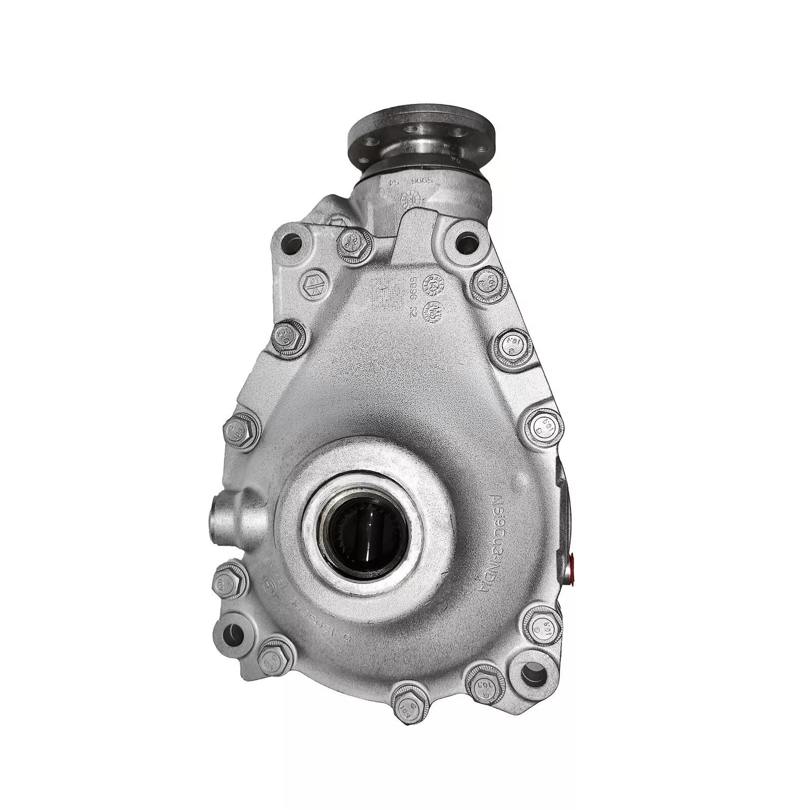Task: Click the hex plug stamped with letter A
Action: point(315,285)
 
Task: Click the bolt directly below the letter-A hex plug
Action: point(289,338)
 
